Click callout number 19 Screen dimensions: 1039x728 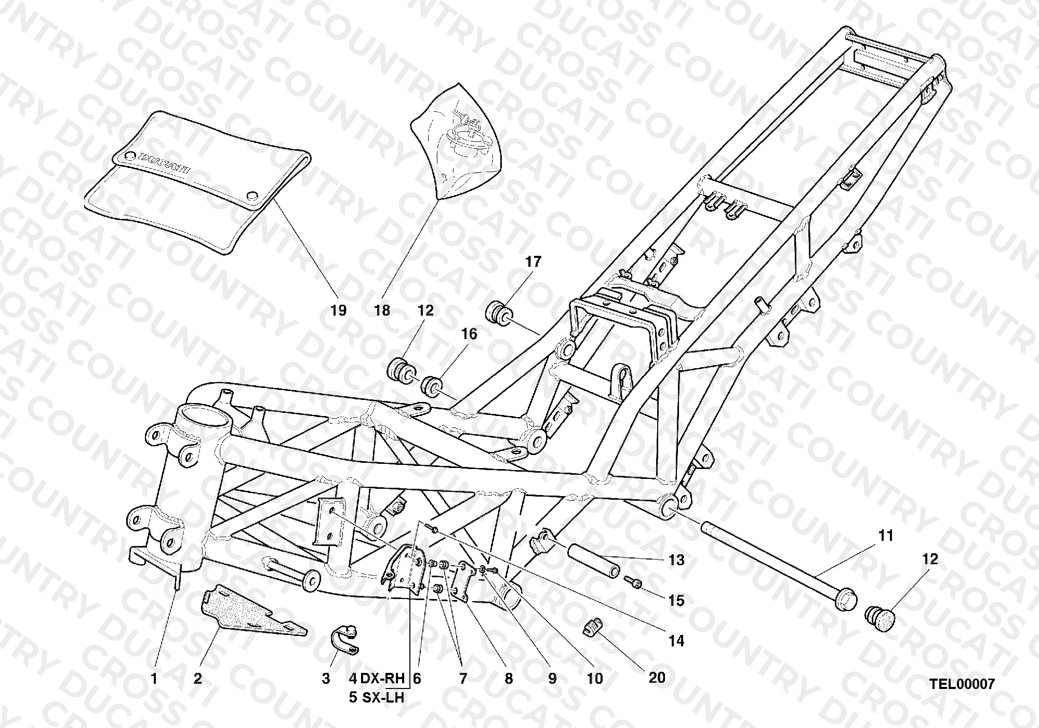[x=338, y=310]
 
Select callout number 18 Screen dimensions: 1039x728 [x=382, y=310]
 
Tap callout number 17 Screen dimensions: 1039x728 [x=533, y=262]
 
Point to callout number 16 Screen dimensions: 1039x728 [x=469, y=334]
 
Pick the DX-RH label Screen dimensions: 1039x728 [x=382, y=678]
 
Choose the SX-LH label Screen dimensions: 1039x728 [x=383, y=697]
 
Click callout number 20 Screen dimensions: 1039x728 [x=657, y=677]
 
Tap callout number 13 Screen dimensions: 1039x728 [x=676, y=561]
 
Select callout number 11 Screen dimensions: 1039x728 [x=886, y=535]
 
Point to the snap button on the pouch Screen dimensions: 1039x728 [x=252, y=196]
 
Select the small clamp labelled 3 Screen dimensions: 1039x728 [x=343, y=639]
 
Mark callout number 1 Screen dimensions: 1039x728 [x=154, y=678]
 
